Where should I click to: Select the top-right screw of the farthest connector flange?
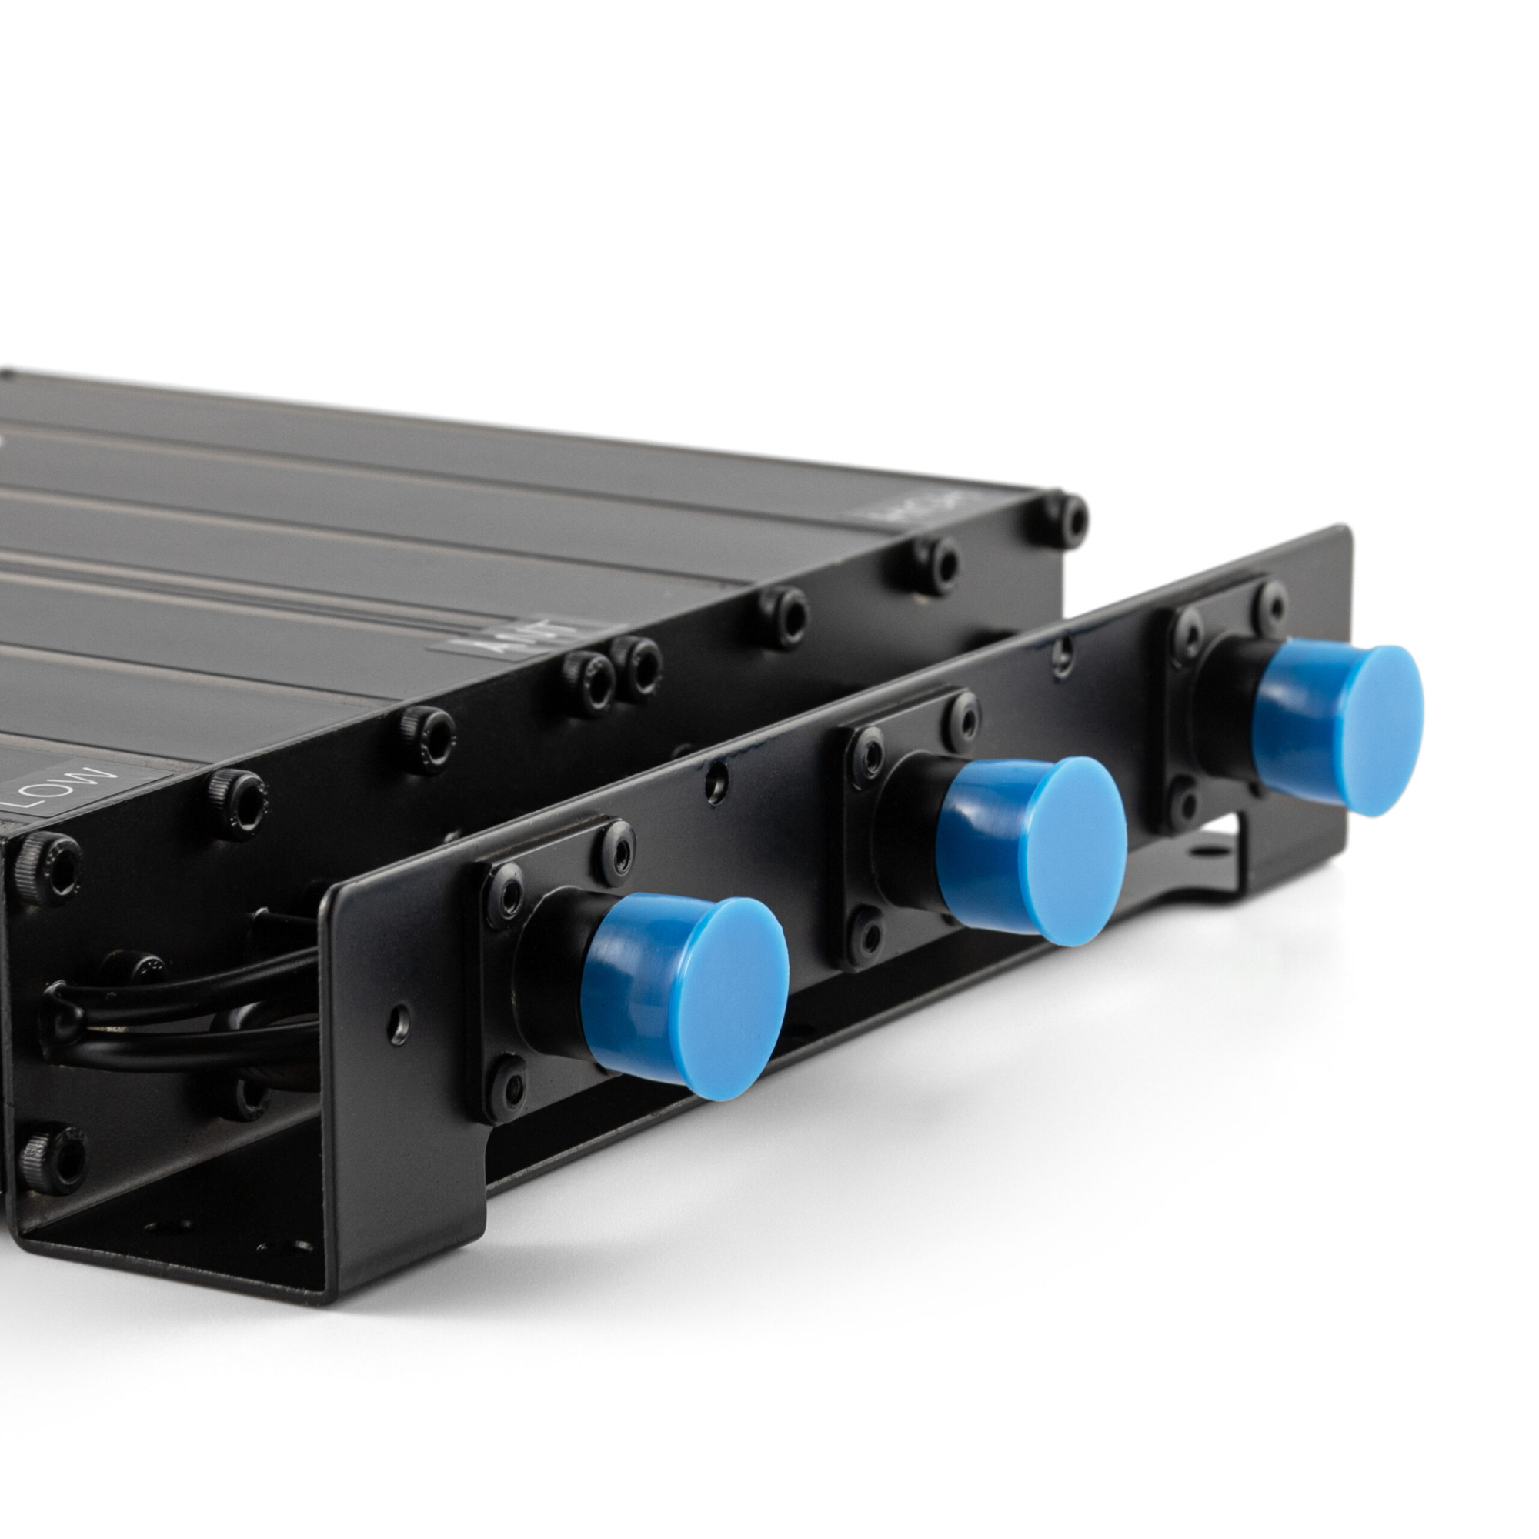click(1271, 605)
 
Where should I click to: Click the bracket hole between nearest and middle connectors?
click(716, 786)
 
